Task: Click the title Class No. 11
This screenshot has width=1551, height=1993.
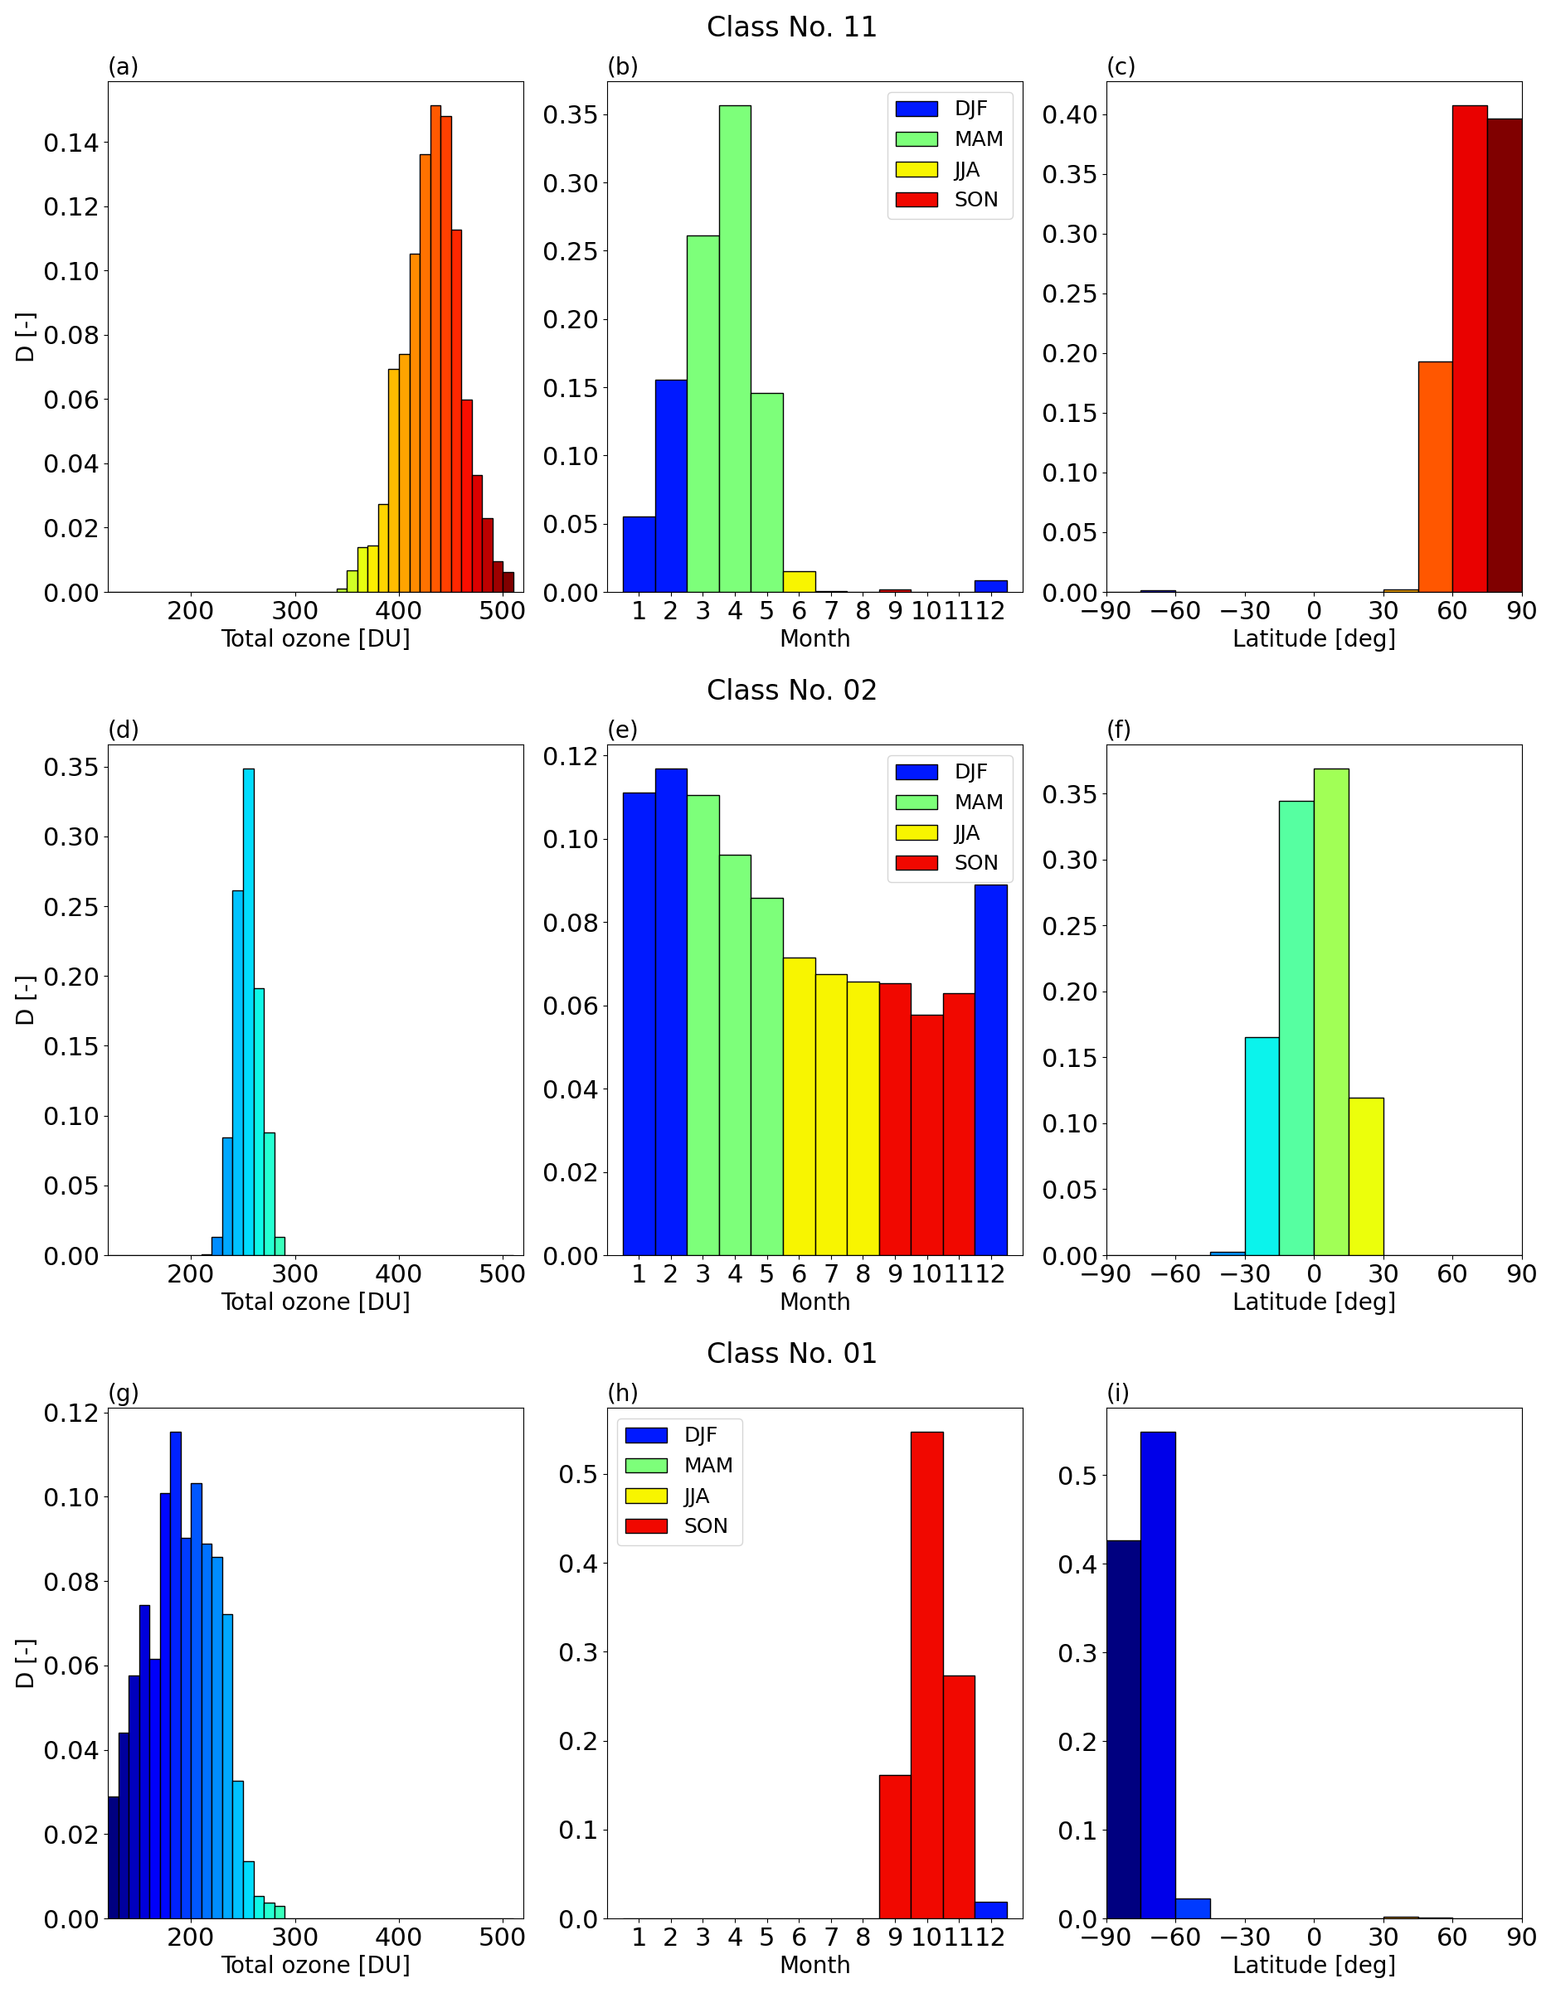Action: coord(790,27)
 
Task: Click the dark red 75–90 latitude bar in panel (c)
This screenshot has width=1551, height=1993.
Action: coord(1504,356)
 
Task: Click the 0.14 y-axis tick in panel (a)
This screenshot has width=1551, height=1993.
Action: coord(70,143)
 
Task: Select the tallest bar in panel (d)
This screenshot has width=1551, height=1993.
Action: coord(248,1012)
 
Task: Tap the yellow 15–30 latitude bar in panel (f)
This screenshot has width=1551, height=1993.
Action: coord(1366,1176)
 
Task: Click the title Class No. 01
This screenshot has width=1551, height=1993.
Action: coord(790,1353)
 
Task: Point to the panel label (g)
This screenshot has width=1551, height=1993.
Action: coord(124,1393)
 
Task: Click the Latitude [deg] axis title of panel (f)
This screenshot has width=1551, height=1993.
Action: coord(1314,1302)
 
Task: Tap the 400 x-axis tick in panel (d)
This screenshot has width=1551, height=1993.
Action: coord(398,1274)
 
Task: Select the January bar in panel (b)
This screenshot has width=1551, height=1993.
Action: coord(639,555)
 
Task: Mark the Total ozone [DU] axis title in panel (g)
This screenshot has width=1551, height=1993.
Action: coord(316,1965)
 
